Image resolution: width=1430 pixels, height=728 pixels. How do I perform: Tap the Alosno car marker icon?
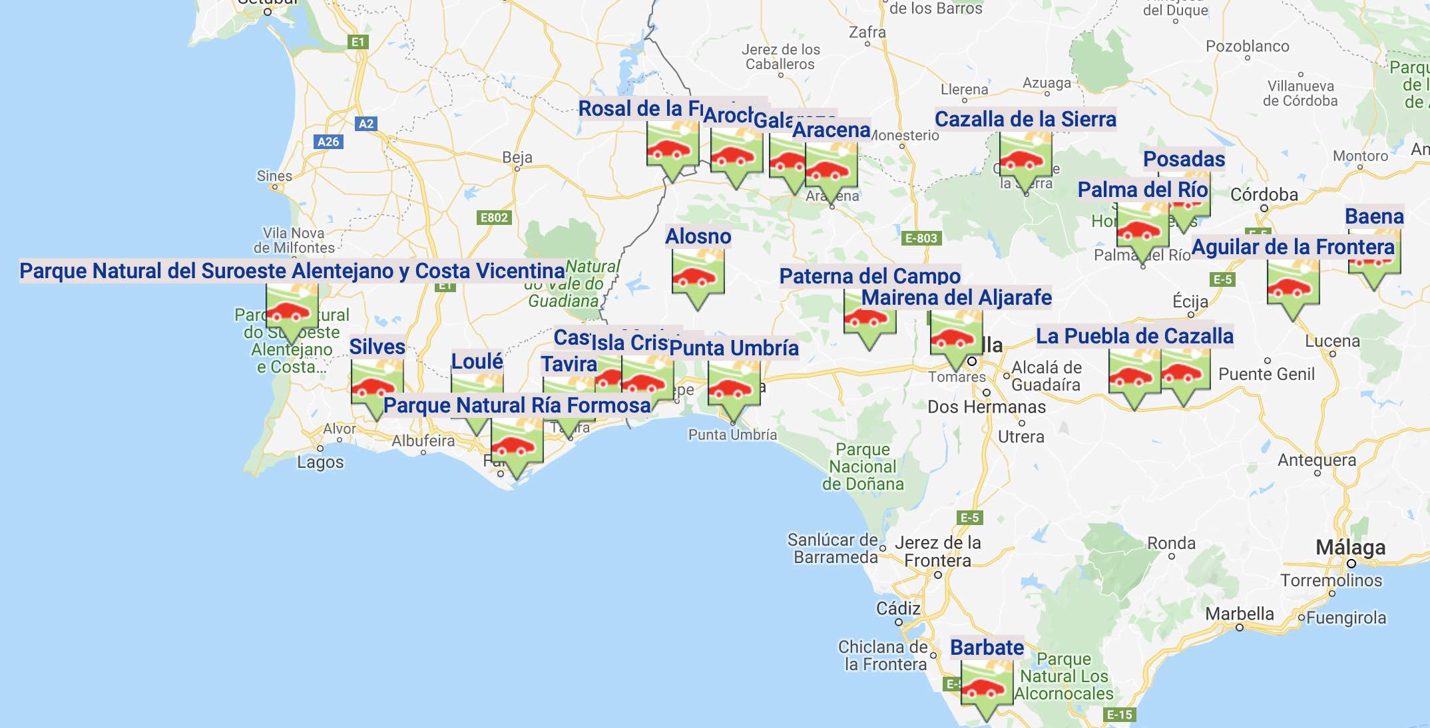(x=698, y=277)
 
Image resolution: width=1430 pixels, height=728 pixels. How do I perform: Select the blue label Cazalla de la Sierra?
(x=1025, y=119)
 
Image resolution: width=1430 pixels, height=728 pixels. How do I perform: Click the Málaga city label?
(x=1351, y=548)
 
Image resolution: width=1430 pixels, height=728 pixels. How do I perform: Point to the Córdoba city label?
(x=1264, y=194)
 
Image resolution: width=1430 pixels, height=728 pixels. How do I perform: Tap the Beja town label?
(x=517, y=157)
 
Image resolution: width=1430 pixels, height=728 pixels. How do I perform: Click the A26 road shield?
(x=328, y=141)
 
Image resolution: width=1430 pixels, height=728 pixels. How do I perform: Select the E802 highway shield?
(x=494, y=218)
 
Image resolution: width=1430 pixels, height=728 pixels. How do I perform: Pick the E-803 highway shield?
(x=921, y=238)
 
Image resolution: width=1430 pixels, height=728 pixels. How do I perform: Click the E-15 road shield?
(x=1119, y=715)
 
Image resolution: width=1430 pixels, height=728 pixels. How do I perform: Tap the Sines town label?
(x=274, y=176)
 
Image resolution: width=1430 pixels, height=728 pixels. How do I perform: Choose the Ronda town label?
(x=1171, y=544)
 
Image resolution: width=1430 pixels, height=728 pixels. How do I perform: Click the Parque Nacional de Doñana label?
(x=863, y=466)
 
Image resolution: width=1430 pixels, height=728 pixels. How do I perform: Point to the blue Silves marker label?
(x=377, y=347)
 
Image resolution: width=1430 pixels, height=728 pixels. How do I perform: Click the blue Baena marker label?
(x=1374, y=216)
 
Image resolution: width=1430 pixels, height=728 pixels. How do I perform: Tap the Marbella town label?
(x=1240, y=614)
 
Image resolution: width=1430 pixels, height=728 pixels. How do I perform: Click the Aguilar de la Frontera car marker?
(x=1293, y=286)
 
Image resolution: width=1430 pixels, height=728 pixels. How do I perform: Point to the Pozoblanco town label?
(x=1248, y=47)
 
